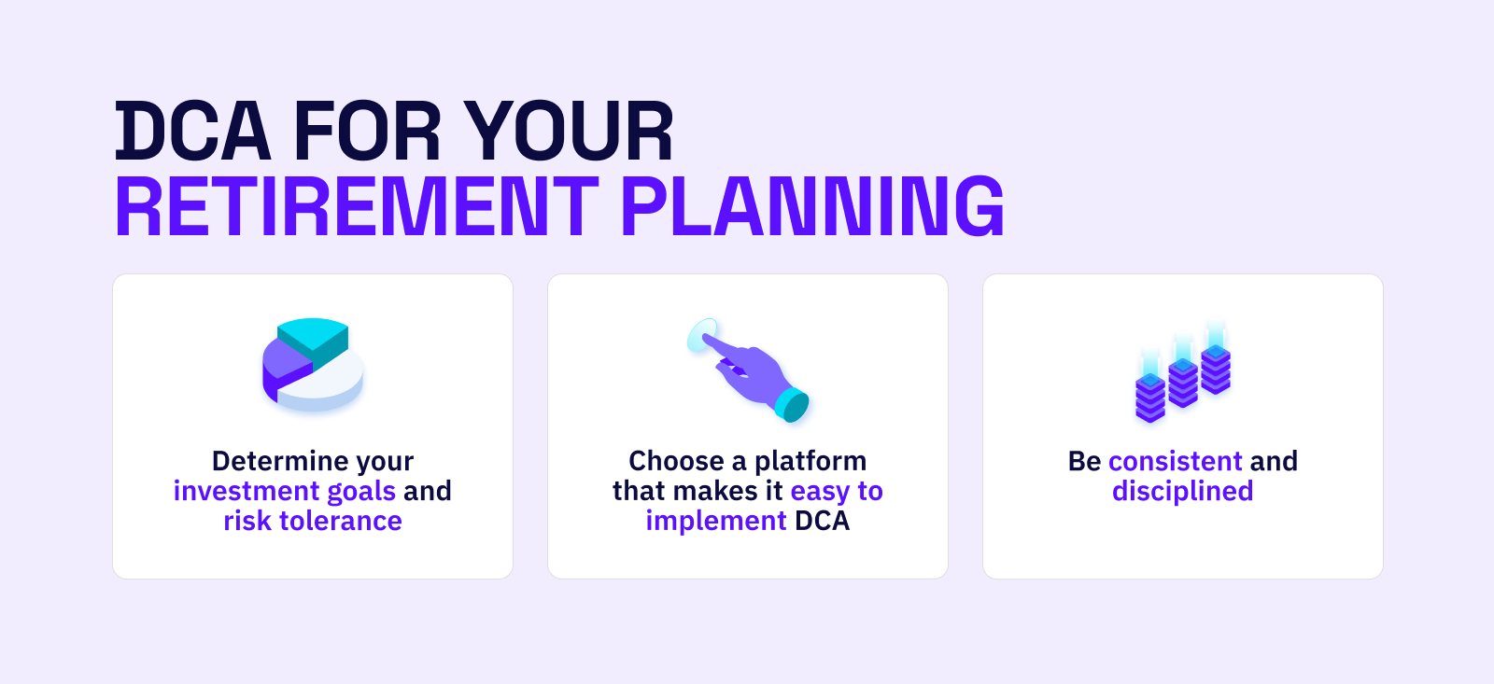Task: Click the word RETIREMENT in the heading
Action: tap(357, 206)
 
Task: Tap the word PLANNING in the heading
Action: tap(812, 206)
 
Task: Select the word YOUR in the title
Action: tap(569, 131)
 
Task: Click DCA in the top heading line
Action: tap(192, 131)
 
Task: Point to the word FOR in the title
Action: tap(366, 131)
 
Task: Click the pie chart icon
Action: tap(313, 364)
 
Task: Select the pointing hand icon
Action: tap(748, 370)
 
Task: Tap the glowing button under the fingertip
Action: tap(702, 334)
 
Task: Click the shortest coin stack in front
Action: tap(1149, 390)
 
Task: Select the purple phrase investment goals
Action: tap(284, 492)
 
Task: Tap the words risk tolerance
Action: tap(313, 521)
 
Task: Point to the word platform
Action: tap(810, 461)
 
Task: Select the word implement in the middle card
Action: tap(716, 522)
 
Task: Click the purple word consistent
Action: tap(1176, 461)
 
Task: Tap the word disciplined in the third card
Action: tap(1182, 492)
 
